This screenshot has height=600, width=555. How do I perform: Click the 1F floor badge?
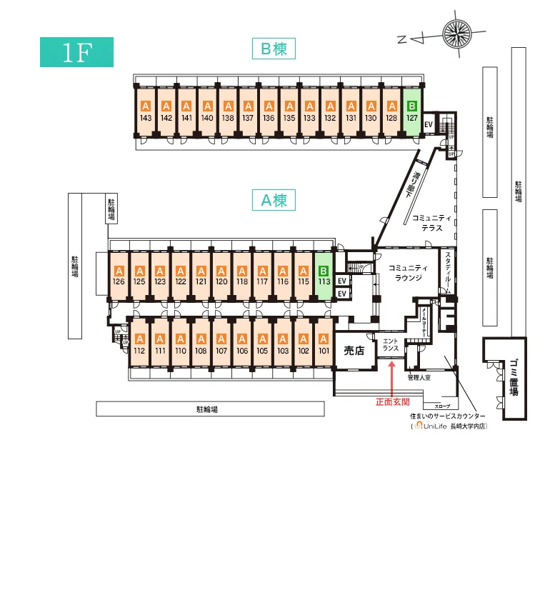[76, 52]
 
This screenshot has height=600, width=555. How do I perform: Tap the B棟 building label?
[274, 49]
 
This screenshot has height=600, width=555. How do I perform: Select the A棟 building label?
[274, 201]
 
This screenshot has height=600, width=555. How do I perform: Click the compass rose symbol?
[460, 33]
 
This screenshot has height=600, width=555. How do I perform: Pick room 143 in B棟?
[146, 111]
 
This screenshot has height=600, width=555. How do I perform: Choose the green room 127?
[411, 111]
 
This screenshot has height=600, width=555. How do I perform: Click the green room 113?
[324, 276]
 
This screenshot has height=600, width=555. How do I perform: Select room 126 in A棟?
[119, 276]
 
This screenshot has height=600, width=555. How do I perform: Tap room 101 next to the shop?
[324, 344]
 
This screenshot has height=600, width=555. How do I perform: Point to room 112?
[139, 344]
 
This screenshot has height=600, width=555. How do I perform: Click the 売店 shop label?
[354, 350]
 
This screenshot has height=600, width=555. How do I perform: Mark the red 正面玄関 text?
[393, 401]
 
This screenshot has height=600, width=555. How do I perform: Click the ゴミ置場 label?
[514, 379]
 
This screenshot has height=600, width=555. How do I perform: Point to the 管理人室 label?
[419, 376]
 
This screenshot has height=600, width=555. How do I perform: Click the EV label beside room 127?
[429, 124]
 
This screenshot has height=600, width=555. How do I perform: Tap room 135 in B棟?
[289, 111]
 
